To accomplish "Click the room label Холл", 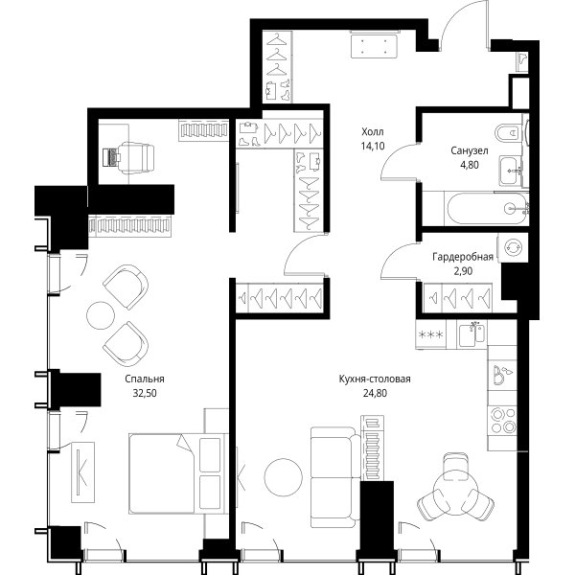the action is point(373,131).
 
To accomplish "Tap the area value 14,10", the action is point(373,147).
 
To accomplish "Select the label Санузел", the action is point(470,150).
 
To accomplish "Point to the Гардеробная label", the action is point(463,257).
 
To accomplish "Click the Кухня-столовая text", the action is point(375,379).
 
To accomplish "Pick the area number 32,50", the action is point(145,394).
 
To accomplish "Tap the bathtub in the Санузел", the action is point(486,209).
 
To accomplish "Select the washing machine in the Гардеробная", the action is point(513,248).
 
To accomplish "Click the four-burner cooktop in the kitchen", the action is point(503,421).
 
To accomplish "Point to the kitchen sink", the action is point(472,334).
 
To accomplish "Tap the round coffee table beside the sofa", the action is point(284,477).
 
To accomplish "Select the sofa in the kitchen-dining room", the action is point(335,477).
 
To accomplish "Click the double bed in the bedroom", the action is point(177,473).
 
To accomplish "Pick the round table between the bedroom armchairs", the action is point(101,315).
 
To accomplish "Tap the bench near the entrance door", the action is point(375,45).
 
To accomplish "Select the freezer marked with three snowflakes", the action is point(430,334).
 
